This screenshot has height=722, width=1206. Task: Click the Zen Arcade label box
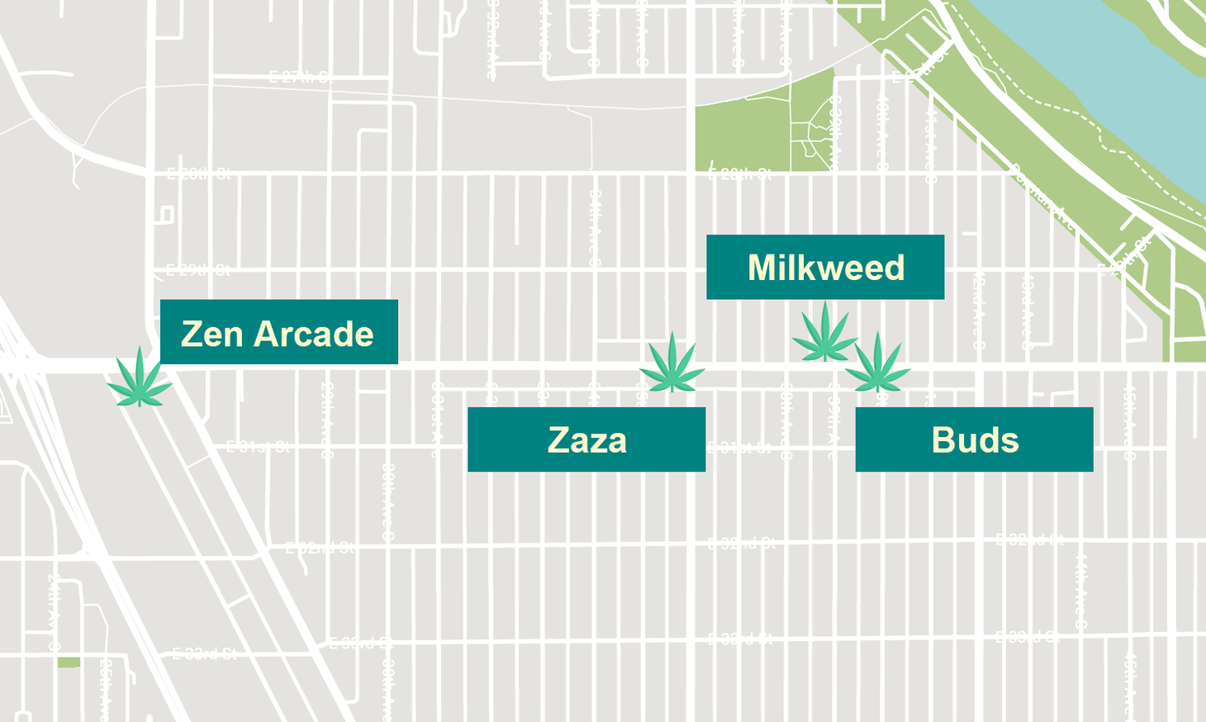tap(278, 332)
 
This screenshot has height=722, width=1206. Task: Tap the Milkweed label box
tap(824, 267)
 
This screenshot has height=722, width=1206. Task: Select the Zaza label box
tap(586, 439)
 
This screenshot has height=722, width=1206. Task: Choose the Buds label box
tap(974, 439)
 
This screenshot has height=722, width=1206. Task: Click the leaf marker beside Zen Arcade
tap(140, 378)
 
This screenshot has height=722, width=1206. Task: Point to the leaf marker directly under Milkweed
tap(824, 334)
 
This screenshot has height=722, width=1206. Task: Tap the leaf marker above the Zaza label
tap(672, 363)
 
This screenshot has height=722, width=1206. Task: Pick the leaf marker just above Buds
tap(877, 363)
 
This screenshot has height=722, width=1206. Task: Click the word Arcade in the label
tap(314, 335)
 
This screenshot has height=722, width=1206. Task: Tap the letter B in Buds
tap(942, 440)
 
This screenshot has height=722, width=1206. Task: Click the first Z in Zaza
tap(558, 440)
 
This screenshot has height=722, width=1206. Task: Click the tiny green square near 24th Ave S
tap(69, 663)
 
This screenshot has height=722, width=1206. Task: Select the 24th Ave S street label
tap(53, 607)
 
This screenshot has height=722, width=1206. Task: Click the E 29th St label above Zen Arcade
tap(197, 270)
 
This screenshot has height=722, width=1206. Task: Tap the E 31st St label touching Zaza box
tap(739, 448)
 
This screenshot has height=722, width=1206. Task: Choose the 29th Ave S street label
tap(327, 421)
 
